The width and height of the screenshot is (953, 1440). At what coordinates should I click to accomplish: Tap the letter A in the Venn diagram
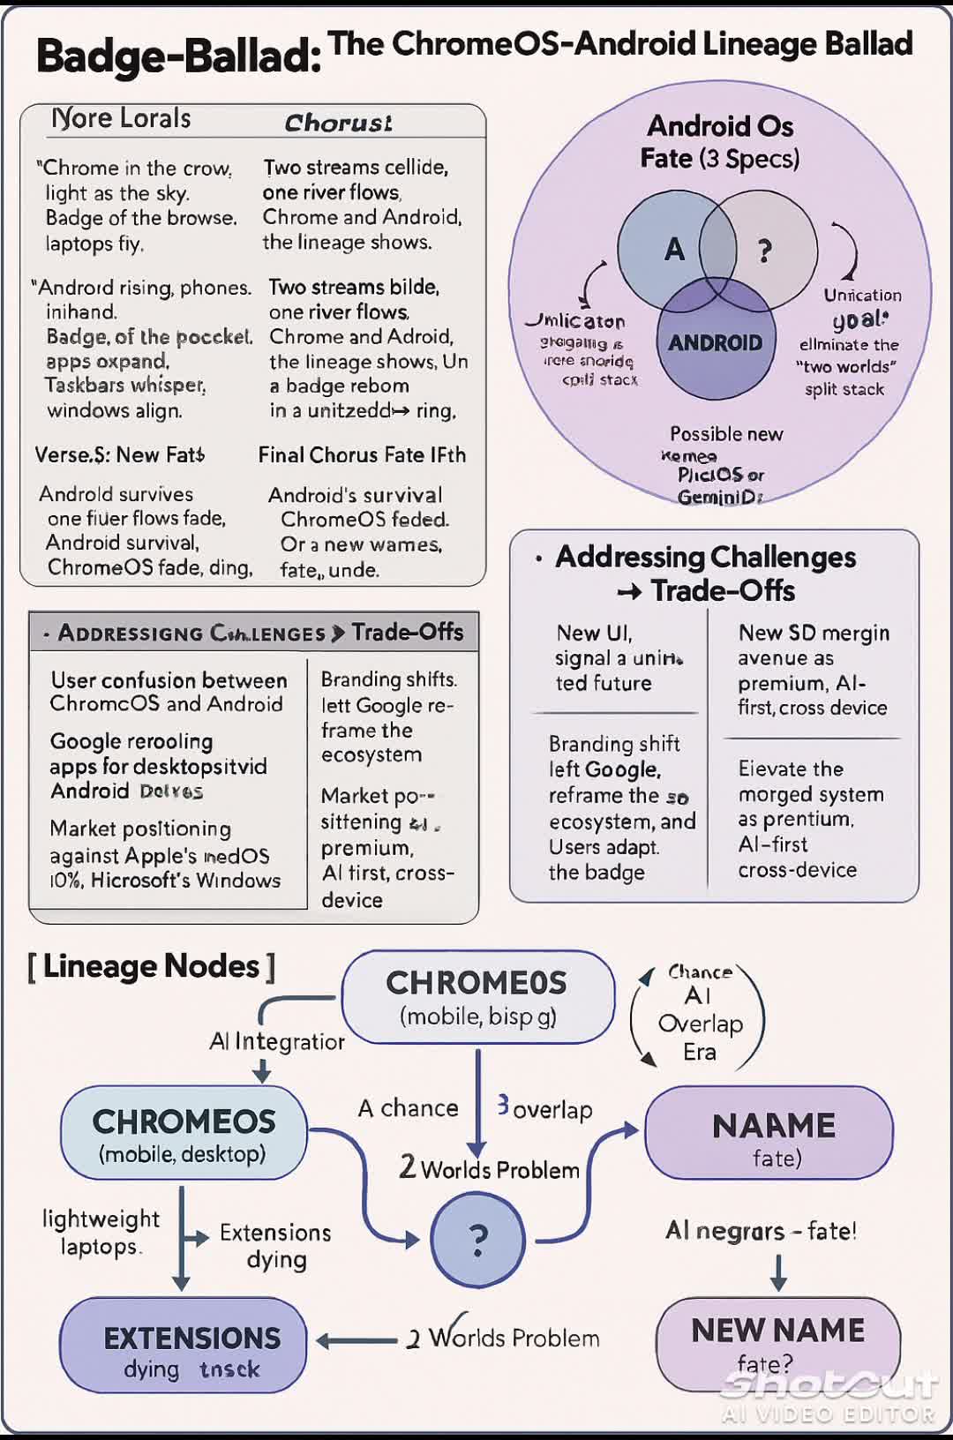[674, 250]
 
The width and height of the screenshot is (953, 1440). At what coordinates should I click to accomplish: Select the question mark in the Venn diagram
[765, 251]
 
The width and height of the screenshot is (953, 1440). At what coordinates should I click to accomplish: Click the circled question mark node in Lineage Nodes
[477, 1240]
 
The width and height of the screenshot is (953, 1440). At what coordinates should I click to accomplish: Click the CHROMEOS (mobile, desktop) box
[184, 1134]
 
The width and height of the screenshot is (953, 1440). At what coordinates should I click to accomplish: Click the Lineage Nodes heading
[151, 967]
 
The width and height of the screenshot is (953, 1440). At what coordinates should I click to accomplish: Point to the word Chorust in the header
[338, 123]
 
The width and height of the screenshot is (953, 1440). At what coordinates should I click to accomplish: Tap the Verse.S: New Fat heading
[119, 455]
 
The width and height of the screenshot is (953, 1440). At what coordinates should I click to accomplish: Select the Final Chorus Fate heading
[362, 455]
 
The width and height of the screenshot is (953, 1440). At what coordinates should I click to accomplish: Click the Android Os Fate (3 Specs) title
[720, 142]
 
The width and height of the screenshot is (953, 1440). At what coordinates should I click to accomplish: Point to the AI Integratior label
[276, 1042]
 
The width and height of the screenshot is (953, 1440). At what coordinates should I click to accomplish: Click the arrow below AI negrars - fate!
[778, 1271]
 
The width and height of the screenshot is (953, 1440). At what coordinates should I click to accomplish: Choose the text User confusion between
[169, 680]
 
